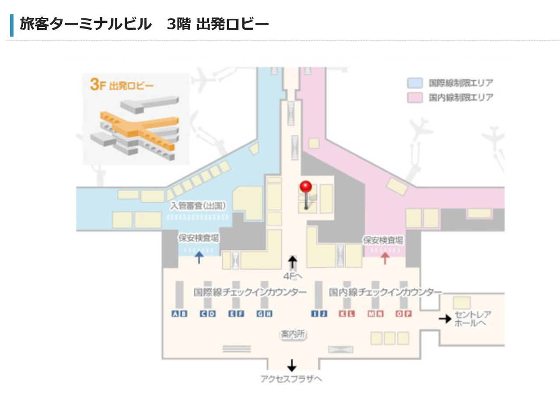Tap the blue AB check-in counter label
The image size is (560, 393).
(179, 313)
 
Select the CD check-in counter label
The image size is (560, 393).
(208, 313)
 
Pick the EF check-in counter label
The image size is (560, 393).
(236, 313)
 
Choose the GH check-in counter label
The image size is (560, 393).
(265, 313)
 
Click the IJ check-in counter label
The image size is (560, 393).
(319, 313)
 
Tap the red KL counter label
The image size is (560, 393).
(347, 313)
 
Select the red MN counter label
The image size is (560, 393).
(375, 313)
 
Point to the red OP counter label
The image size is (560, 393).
(403, 313)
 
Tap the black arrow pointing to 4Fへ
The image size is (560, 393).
(292, 262)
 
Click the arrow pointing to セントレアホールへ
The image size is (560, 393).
(445, 319)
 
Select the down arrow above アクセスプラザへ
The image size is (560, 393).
(292, 365)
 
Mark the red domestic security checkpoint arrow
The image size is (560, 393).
(385, 257)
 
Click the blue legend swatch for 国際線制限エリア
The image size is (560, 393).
(415, 83)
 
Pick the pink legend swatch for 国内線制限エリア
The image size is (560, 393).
(415, 97)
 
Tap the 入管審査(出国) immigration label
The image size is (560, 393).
(198, 205)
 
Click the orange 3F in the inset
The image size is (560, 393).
(98, 84)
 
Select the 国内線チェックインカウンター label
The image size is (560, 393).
(385, 292)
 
